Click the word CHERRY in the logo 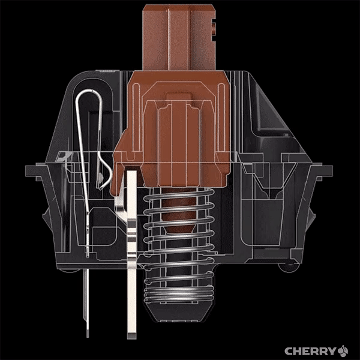pyautogui.click(x=310, y=351)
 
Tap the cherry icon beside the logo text pyautogui.click(x=343, y=351)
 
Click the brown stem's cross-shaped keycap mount pyautogui.click(x=179, y=37)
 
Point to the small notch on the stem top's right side pyautogui.click(x=214, y=28)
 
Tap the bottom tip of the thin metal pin pyautogui.click(x=88, y=335)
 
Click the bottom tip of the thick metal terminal pyautogui.click(x=132, y=337)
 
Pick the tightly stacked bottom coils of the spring pyautogui.click(x=179, y=294)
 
